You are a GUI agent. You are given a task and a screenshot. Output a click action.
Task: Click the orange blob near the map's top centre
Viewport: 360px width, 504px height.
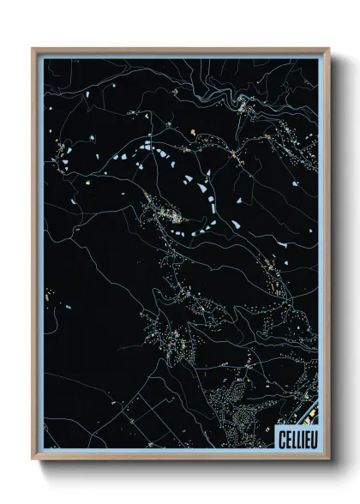[x=194, y=131]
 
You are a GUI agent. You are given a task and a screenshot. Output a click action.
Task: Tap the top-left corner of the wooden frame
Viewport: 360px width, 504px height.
[x=33, y=49]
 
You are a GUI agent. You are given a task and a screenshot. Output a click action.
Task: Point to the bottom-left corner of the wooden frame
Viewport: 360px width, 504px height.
[x=33, y=459]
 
